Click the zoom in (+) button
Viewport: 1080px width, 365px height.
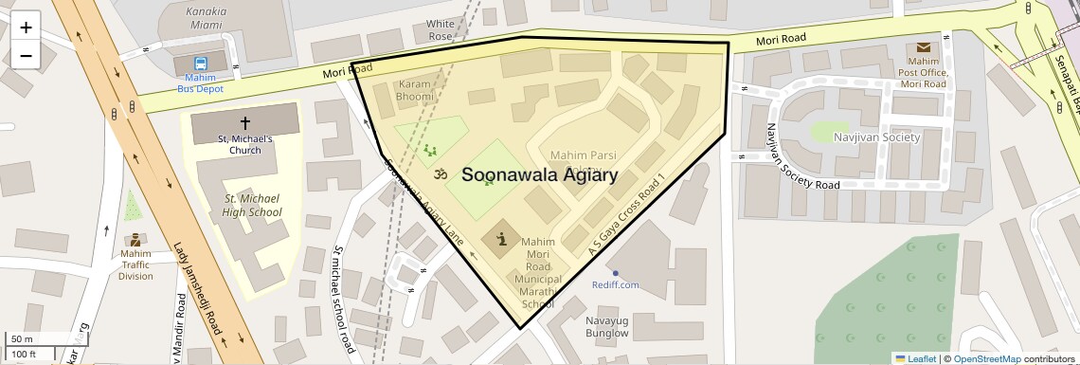click(26, 27)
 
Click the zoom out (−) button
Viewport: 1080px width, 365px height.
click(26, 56)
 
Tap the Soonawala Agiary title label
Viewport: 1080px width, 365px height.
click(539, 175)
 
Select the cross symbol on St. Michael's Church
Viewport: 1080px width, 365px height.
click(245, 122)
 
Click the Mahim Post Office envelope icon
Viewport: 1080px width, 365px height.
click(923, 47)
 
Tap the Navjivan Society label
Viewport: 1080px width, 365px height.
click(876, 137)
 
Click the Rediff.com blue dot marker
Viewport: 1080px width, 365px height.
click(615, 274)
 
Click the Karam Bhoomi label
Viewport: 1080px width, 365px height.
click(415, 91)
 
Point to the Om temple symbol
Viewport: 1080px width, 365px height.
click(439, 174)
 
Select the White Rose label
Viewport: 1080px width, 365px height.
click(441, 30)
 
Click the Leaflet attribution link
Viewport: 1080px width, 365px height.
click(914, 358)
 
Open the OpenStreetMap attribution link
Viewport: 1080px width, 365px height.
click(987, 358)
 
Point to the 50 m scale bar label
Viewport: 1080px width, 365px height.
click(21, 339)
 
